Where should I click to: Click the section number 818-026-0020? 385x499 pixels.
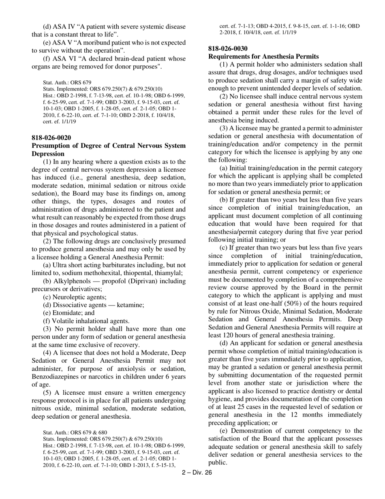51,138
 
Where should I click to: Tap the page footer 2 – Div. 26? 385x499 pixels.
197,472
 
